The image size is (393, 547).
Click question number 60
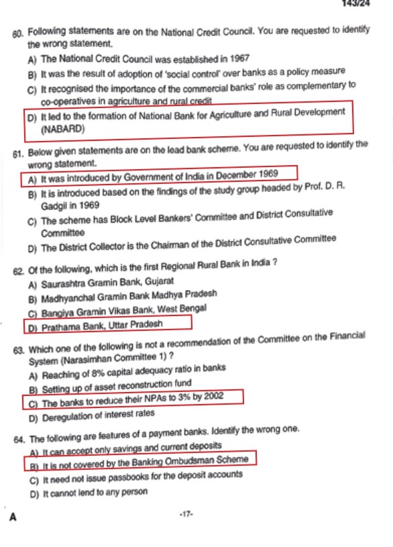click(17, 32)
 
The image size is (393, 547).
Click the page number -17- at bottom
click(186, 514)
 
